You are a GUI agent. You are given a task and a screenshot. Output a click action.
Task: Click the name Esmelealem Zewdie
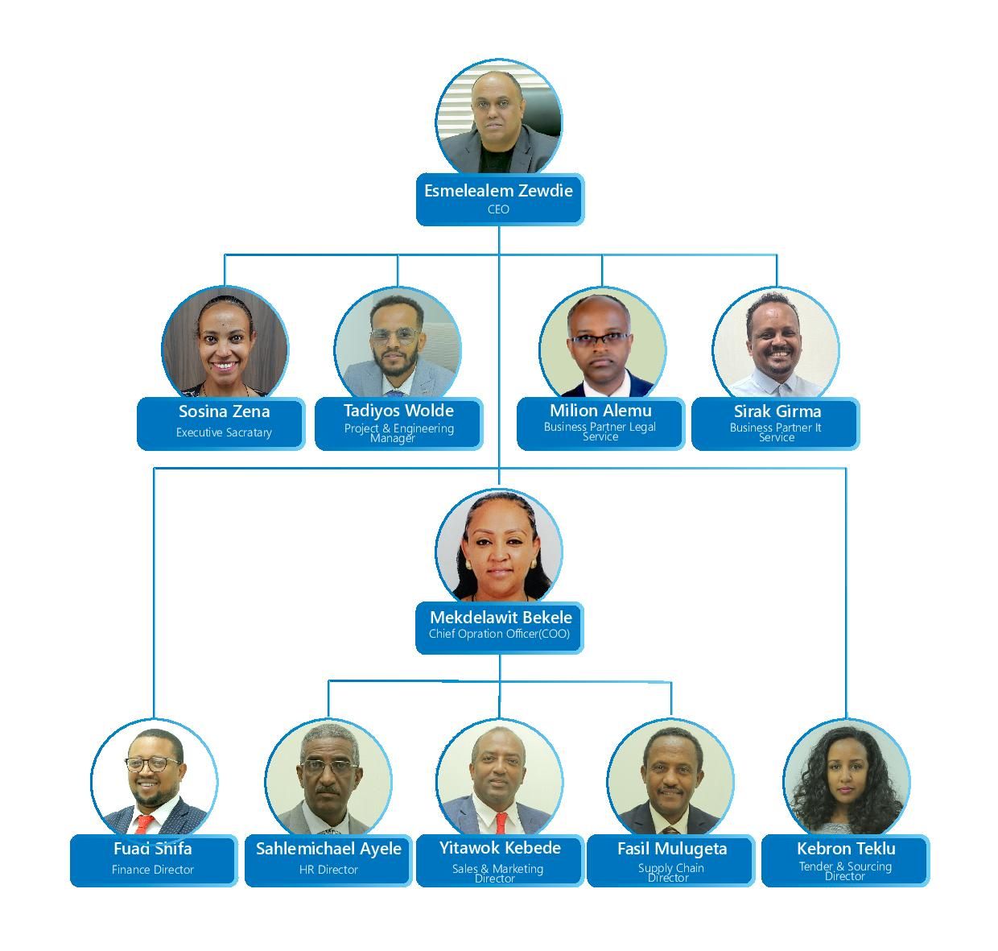point(499,191)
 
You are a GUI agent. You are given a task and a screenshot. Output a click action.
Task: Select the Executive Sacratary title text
point(224,432)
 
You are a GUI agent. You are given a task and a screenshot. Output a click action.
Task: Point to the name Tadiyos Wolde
point(398,411)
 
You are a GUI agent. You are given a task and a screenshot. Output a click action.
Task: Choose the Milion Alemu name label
point(600,411)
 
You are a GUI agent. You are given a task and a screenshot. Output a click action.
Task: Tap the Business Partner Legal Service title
point(600,432)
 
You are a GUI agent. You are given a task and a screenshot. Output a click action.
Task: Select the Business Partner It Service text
point(776,432)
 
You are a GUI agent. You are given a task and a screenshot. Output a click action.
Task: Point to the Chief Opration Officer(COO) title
point(499,634)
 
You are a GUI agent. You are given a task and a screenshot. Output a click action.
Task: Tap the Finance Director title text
point(153,870)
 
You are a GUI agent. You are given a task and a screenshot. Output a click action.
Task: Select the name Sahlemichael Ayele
point(328,849)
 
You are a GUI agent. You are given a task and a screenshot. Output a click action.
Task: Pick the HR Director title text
point(328,870)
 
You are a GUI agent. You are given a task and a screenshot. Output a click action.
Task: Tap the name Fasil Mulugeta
point(672,849)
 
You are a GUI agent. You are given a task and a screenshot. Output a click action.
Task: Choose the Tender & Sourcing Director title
point(845,871)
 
